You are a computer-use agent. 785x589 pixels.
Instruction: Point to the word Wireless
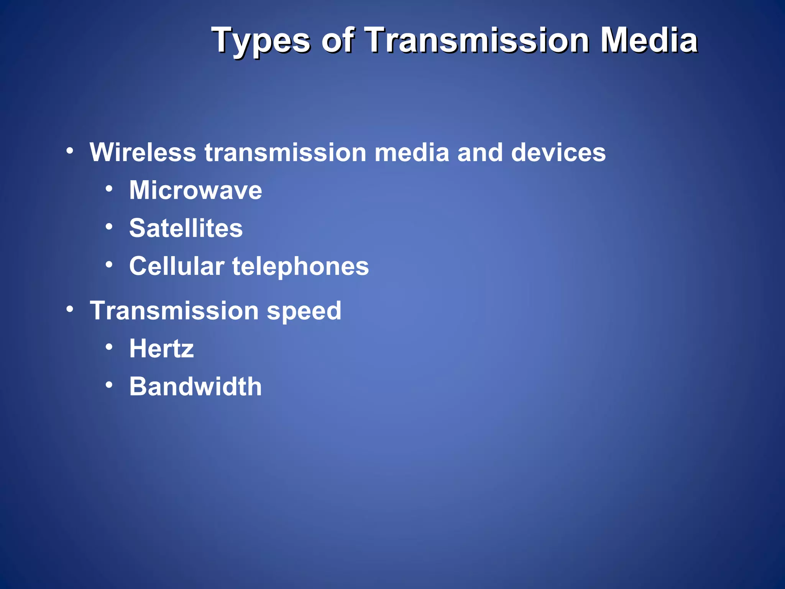pyautogui.click(x=143, y=153)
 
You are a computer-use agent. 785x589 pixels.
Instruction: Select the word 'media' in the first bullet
pyautogui.click(x=411, y=153)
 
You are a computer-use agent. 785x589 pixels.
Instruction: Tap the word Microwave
pyautogui.click(x=195, y=190)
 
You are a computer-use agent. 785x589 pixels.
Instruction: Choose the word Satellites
pyautogui.click(x=186, y=228)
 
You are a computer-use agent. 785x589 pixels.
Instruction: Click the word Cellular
pyautogui.click(x=177, y=266)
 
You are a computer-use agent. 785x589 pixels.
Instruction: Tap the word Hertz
pyautogui.click(x=161, y=349)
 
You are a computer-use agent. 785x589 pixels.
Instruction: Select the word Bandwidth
pyautogui.click(x=195, y=386)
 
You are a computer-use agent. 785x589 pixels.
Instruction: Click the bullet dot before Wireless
pyautogui.click(x=69, y=151)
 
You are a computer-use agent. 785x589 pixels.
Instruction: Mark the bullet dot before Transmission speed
pyautogui.click(x=69, y=309)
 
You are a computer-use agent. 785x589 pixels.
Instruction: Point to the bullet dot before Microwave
pyautogui.click(x=109, y=189)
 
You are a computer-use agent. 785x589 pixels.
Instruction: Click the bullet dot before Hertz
pyautogui.click(x=109, y=347)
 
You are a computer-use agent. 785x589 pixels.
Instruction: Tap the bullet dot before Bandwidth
pyautogui.click(x=109, y=384)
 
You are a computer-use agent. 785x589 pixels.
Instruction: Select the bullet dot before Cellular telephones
pyautogui.click(x=109, y=264)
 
